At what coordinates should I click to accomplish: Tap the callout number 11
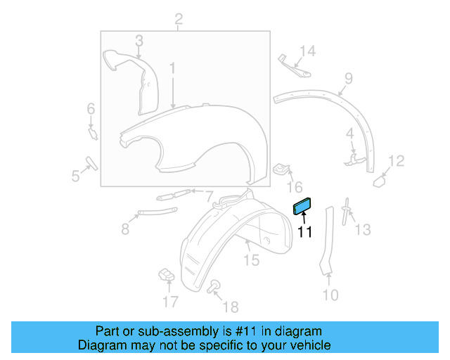tap(305, 231)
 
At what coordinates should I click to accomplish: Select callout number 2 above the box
tap(179, 19)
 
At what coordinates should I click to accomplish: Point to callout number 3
tap(139, 41)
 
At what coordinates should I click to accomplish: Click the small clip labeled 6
tap(92, 131)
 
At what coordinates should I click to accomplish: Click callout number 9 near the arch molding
tap(347, 78)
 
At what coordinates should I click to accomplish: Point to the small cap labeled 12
tap(380, 180)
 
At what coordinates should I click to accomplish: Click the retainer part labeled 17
tap(167, 274)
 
